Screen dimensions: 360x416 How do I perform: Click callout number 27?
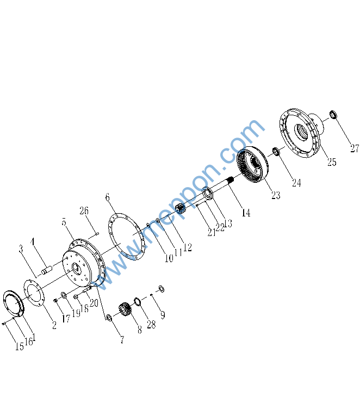click(355, 148)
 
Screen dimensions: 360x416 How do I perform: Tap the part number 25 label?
click(332, 162)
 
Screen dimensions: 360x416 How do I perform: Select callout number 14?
click(246, 213)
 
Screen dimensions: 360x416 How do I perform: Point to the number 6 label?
click(108, 197)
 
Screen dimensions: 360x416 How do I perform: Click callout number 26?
click(84, 210)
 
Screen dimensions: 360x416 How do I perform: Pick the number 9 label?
click(163, 315)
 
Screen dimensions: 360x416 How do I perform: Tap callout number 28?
click(151, 324)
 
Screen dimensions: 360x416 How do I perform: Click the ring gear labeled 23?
click(252, 164)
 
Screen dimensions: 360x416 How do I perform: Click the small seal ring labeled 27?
click(333, 115)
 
